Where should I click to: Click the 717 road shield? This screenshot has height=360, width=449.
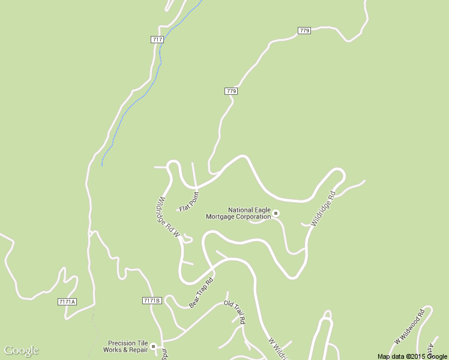click(x=157, y=40)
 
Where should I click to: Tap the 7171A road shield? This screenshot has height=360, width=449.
click(x=67, y=301)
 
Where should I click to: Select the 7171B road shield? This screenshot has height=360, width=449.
click(x=152, y=300)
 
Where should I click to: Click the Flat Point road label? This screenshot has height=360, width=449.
click(x=188, y=201)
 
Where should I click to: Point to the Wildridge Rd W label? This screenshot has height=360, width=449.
click(x=168, y=218)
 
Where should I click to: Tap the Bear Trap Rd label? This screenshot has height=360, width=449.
click(x=201, y=293)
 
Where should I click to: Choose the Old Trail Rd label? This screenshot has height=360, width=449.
click(x=235, y=312)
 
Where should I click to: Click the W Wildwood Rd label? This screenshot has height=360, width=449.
click(x=409, y=326)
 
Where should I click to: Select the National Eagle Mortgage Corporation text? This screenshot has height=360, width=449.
click(x=239, y=213)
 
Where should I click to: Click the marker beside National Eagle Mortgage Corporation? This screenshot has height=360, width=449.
click(x=276, y=213)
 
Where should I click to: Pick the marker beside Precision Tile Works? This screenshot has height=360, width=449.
click(x=154, y=346)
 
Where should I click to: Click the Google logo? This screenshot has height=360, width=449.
click(x=21, y=350)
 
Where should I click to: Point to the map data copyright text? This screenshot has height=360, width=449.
click(x=412, y=356)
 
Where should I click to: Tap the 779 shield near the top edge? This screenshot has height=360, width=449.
click(x=304, y=31)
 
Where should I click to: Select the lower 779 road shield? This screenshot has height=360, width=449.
click(x=232, y=91)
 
